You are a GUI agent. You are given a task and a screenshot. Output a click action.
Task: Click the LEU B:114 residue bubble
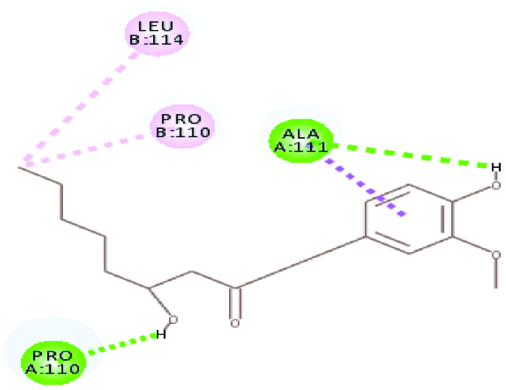tap(156, 34)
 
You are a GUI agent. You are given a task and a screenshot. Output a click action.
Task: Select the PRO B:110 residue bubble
tap(182, 124)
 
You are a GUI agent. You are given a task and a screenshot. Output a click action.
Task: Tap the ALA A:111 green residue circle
tap(300, 139)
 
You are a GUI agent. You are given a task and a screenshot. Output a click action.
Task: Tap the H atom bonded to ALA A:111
tap(495, 166)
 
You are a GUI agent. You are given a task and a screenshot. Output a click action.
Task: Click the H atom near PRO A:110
tap(159, 334)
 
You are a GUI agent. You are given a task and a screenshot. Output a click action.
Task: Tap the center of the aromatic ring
tap(409, 218)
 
